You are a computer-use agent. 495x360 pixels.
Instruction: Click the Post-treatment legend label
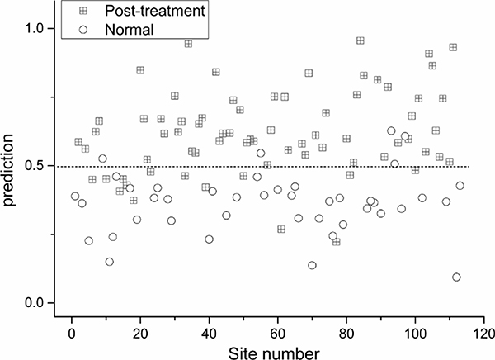click(x=155, y=11)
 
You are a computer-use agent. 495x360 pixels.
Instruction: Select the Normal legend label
click(x=130, y=30)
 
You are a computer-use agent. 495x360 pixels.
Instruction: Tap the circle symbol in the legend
click(x=83, y=30)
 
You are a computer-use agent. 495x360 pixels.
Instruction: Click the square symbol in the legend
click(x=83, y=11)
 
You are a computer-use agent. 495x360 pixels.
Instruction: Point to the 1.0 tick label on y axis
click(x=36, y=28)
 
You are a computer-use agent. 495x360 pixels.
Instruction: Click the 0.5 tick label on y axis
click(x=36, y=166)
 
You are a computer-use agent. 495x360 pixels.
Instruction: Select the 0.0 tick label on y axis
click(x=36, y=303)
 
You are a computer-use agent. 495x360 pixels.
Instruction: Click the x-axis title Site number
click(x=274, y=353)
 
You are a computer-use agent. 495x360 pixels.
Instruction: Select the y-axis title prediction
click(x=8, y=170)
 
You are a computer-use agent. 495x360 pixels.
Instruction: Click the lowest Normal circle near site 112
click(x=456, y=277)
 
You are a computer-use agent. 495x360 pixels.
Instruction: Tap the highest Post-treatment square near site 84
click(x=361, y=40)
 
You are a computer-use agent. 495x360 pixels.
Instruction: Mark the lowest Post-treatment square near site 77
click(x=337, y=242)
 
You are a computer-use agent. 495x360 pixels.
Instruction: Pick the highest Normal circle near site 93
click(x=391, y=130)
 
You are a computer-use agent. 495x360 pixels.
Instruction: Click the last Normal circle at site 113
click(x=460, y=186)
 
